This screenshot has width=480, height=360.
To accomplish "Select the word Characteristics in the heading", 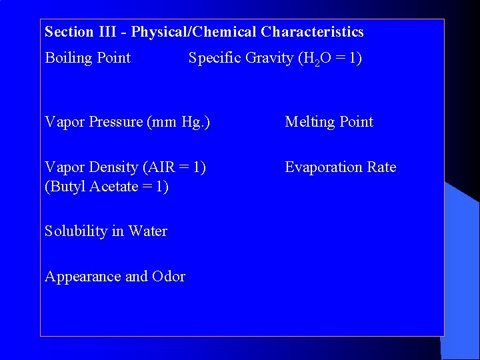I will click(x=313, y=32).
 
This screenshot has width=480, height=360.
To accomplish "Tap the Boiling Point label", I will click(x=87, y=58).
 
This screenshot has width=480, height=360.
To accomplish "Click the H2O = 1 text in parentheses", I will click(x=331, y=59).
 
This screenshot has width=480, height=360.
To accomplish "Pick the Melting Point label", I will click(x=329, y=122).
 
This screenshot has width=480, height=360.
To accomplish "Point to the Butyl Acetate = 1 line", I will click(x=107, y=187).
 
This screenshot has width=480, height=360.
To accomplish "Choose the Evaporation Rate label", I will click(x=340, y=167).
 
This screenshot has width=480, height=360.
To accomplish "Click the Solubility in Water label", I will click(x=105, y=231).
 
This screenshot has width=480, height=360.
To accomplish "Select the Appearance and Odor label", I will click(x=115, y=277).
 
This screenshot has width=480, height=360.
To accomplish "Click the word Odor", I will click(x=169, y=277).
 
